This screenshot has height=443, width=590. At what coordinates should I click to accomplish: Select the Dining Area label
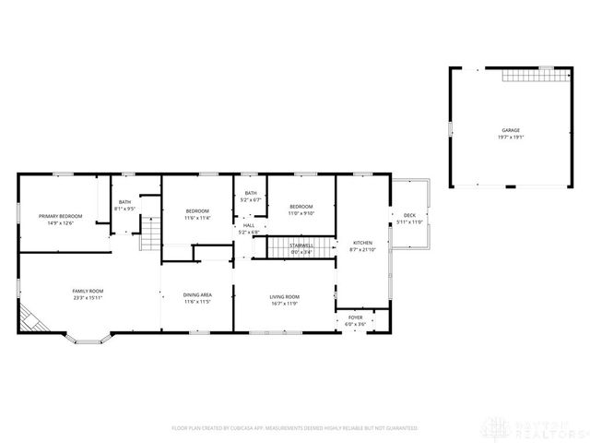click(197, 296)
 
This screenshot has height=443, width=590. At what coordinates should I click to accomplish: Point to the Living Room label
click(284, 296)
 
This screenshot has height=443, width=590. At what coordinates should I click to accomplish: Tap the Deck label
click(408, 219)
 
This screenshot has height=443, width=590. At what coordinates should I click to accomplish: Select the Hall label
click(249, 228)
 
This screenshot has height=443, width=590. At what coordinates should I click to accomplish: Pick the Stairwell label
click(301, 247)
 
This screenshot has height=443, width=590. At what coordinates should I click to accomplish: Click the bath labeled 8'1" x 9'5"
click(124, 205)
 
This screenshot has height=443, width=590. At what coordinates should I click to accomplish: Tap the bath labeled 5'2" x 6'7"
click(251, 196)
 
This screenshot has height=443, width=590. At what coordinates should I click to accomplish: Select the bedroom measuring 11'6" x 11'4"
click(196, 214)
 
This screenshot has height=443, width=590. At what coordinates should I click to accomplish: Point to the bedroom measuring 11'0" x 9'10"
click(301, 209)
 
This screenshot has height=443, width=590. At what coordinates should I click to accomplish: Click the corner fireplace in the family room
click(32, 320)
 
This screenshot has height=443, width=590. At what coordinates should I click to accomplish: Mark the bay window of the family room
click(88, 339)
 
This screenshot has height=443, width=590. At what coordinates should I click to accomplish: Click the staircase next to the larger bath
click(149, 239)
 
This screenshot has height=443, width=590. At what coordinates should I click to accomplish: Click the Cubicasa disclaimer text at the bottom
click(294, 428)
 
